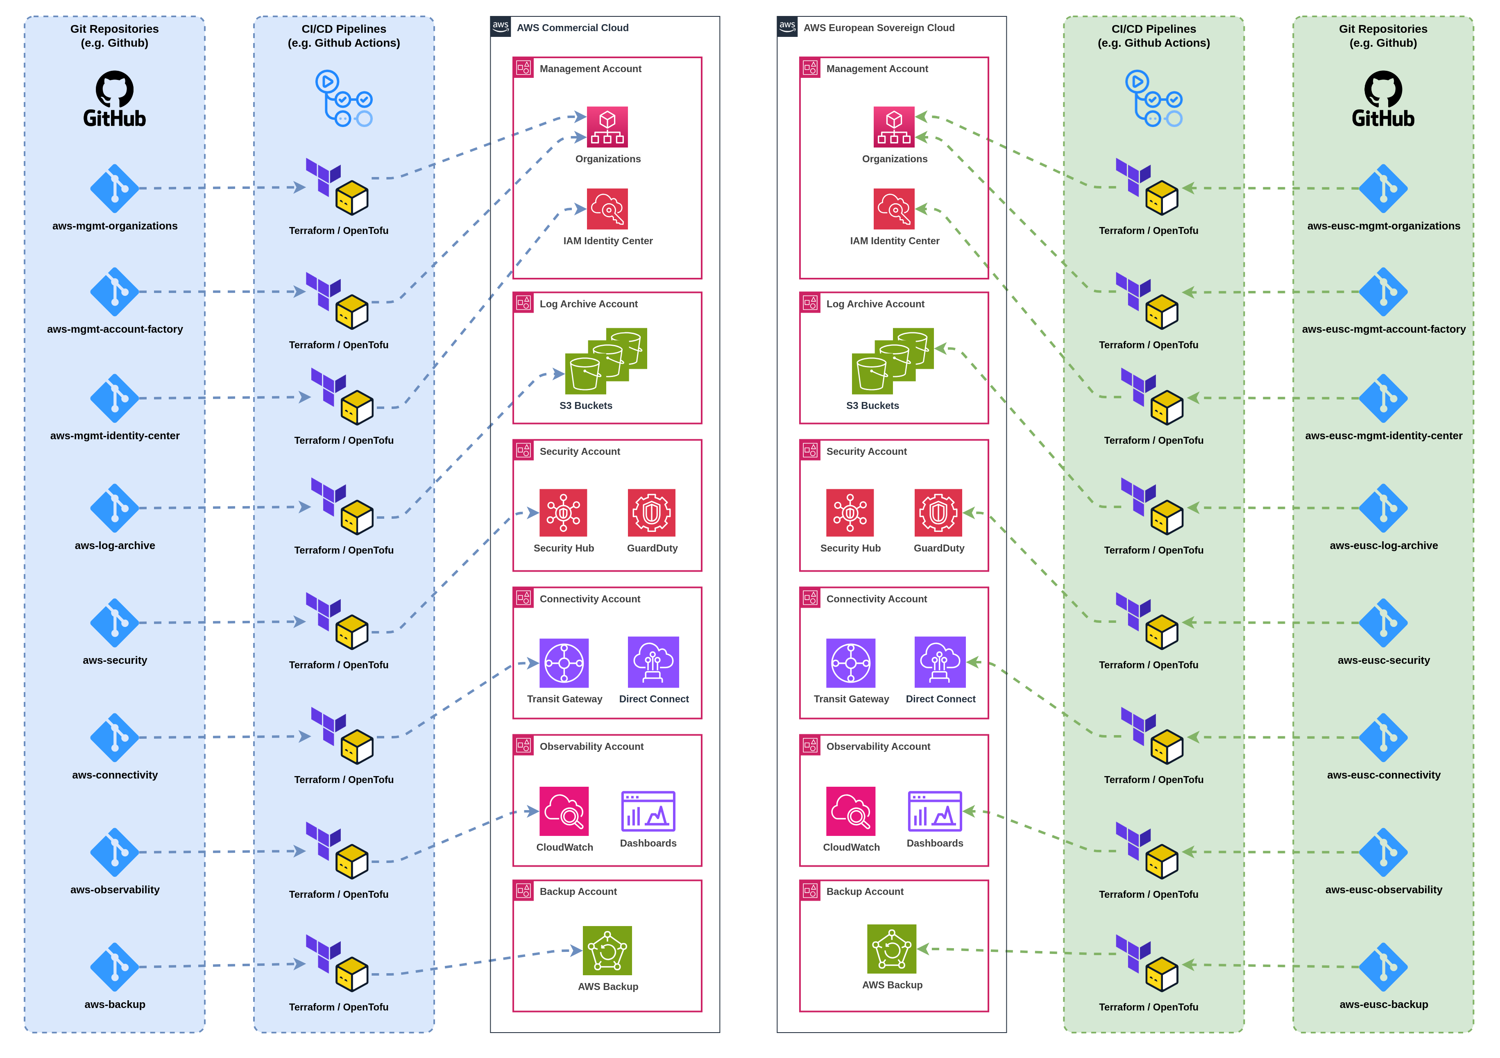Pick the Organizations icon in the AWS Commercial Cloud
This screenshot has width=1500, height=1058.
pos(607,127)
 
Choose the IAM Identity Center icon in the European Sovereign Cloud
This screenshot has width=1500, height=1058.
pos(894,209)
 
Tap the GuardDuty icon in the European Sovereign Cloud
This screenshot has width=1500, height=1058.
pos(938,513)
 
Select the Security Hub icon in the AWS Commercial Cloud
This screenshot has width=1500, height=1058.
pos(563,513)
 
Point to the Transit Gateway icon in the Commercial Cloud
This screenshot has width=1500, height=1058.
pos(564,663)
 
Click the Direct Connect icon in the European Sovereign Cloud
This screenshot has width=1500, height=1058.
pos(940,662)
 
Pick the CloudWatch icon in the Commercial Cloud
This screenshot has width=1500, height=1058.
pos(564,811)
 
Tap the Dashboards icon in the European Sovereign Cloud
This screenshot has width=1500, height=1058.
pos(934,811)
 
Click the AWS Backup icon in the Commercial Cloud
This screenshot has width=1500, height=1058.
pos(607,950)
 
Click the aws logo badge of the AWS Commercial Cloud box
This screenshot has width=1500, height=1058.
pos(501,27)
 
